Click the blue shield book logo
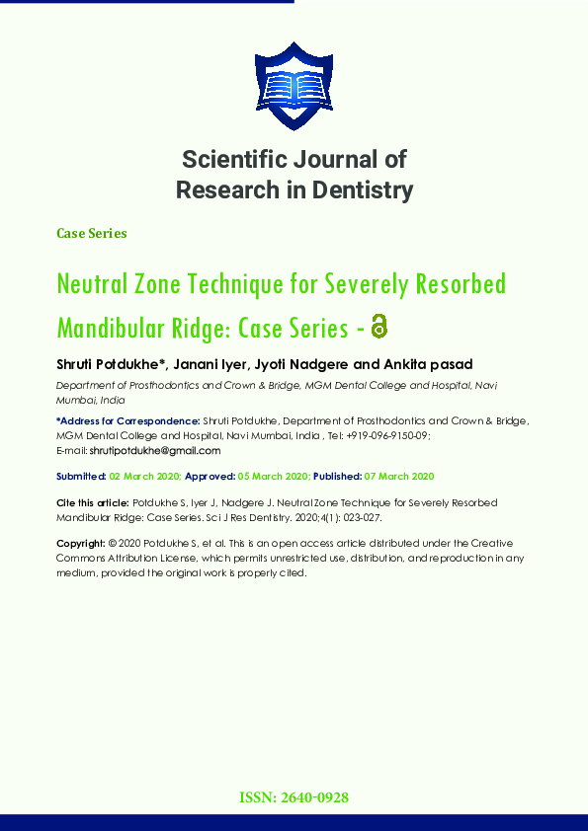point(294,87)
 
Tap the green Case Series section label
point(92,234)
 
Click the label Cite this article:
point(93,503)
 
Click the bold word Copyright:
point(81,544)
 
